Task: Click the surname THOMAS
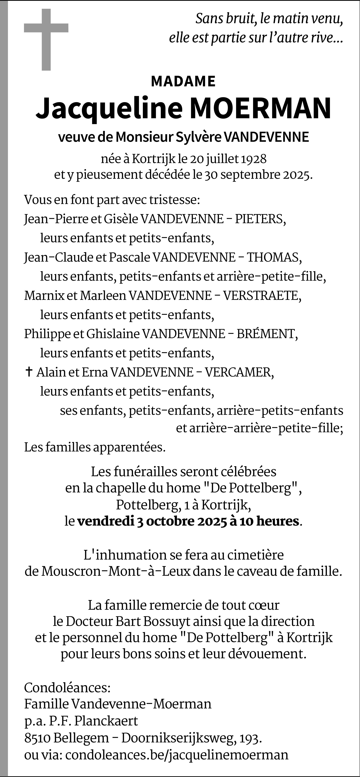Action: (x=274, y=257)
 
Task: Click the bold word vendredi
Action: (x=106, y=521)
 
